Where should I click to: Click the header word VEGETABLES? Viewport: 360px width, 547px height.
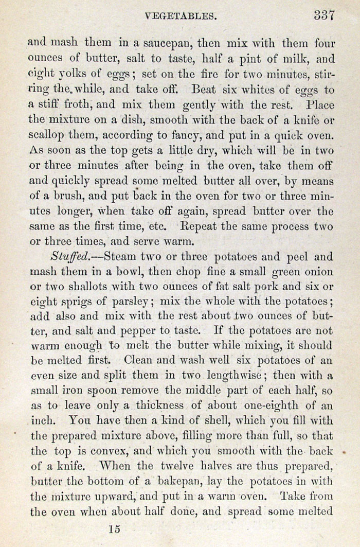[179, 16]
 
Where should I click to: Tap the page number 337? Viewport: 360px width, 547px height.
[324, 15]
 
